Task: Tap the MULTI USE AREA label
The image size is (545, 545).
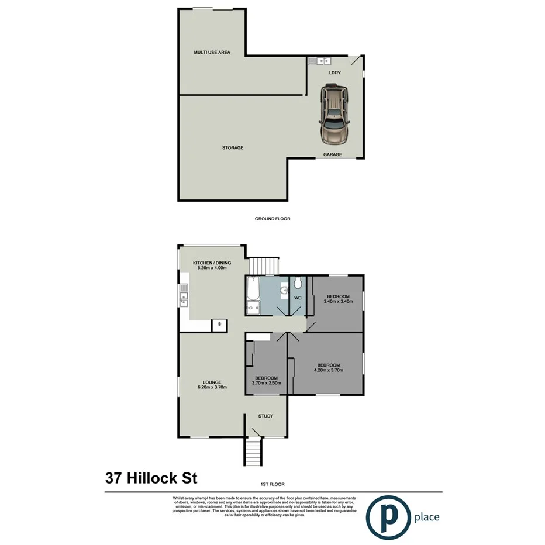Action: click(x=212, y=53)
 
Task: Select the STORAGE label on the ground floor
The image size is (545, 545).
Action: click(x=232, y=148)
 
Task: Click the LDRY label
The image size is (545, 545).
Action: click(x=335, y=73)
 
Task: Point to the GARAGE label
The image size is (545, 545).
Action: click(x=333, y=155)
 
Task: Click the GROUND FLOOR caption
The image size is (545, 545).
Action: click(x=272, y=219)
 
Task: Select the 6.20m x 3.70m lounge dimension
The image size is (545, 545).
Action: click(x=212, y=387)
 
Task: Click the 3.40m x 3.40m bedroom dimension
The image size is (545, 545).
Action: click(x=338, y=302)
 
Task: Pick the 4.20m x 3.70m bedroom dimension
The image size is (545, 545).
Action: click(x=328, y=370)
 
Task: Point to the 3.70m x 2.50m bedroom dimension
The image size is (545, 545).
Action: click(x=267, y=383)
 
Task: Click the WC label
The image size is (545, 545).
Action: click(x=297, y=298)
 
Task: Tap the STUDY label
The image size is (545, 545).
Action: click(x=266, y=416)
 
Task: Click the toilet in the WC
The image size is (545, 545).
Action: click(x=298, y=284)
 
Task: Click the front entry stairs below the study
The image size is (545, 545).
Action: click(x=251, y=452)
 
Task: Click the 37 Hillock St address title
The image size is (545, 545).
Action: click(x=151, y=478)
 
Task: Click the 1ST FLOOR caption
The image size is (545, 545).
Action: click(x=272, y=485)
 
